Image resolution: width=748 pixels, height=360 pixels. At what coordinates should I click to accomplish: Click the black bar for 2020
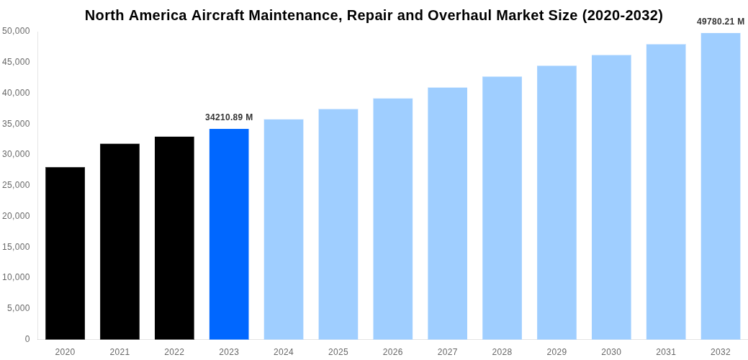[65, 253]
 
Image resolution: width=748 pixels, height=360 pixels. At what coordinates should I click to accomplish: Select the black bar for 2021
[120, 242]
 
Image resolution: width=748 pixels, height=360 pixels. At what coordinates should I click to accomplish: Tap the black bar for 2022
[174, 238]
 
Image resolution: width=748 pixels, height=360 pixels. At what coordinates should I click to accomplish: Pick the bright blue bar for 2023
[229, 234]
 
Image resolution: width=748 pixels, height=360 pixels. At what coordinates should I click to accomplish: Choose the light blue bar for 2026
[392, 219]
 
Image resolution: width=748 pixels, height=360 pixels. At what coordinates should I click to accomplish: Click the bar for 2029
[557, 202]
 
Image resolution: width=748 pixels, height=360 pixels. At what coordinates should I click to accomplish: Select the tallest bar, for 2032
[721, 186]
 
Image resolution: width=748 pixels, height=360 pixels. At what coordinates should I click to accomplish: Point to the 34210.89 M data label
[229, 117]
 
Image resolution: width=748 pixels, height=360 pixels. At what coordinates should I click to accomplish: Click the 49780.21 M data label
[720, 22]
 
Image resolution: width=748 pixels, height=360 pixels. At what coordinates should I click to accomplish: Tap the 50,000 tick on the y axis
[16, 31]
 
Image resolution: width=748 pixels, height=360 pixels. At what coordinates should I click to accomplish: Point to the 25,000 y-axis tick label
[16, 185]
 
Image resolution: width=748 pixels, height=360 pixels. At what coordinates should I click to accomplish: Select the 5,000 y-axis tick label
[19, 308]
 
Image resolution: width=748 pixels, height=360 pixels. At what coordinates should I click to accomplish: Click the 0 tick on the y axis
[27, 339]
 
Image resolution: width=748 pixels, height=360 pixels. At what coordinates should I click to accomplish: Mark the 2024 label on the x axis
[284, 352]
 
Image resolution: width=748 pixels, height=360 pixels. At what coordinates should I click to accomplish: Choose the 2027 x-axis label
[447, 352]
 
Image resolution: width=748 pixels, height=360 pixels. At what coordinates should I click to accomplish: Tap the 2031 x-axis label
[666, 352]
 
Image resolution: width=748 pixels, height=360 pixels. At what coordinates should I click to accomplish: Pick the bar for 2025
[338, 224]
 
